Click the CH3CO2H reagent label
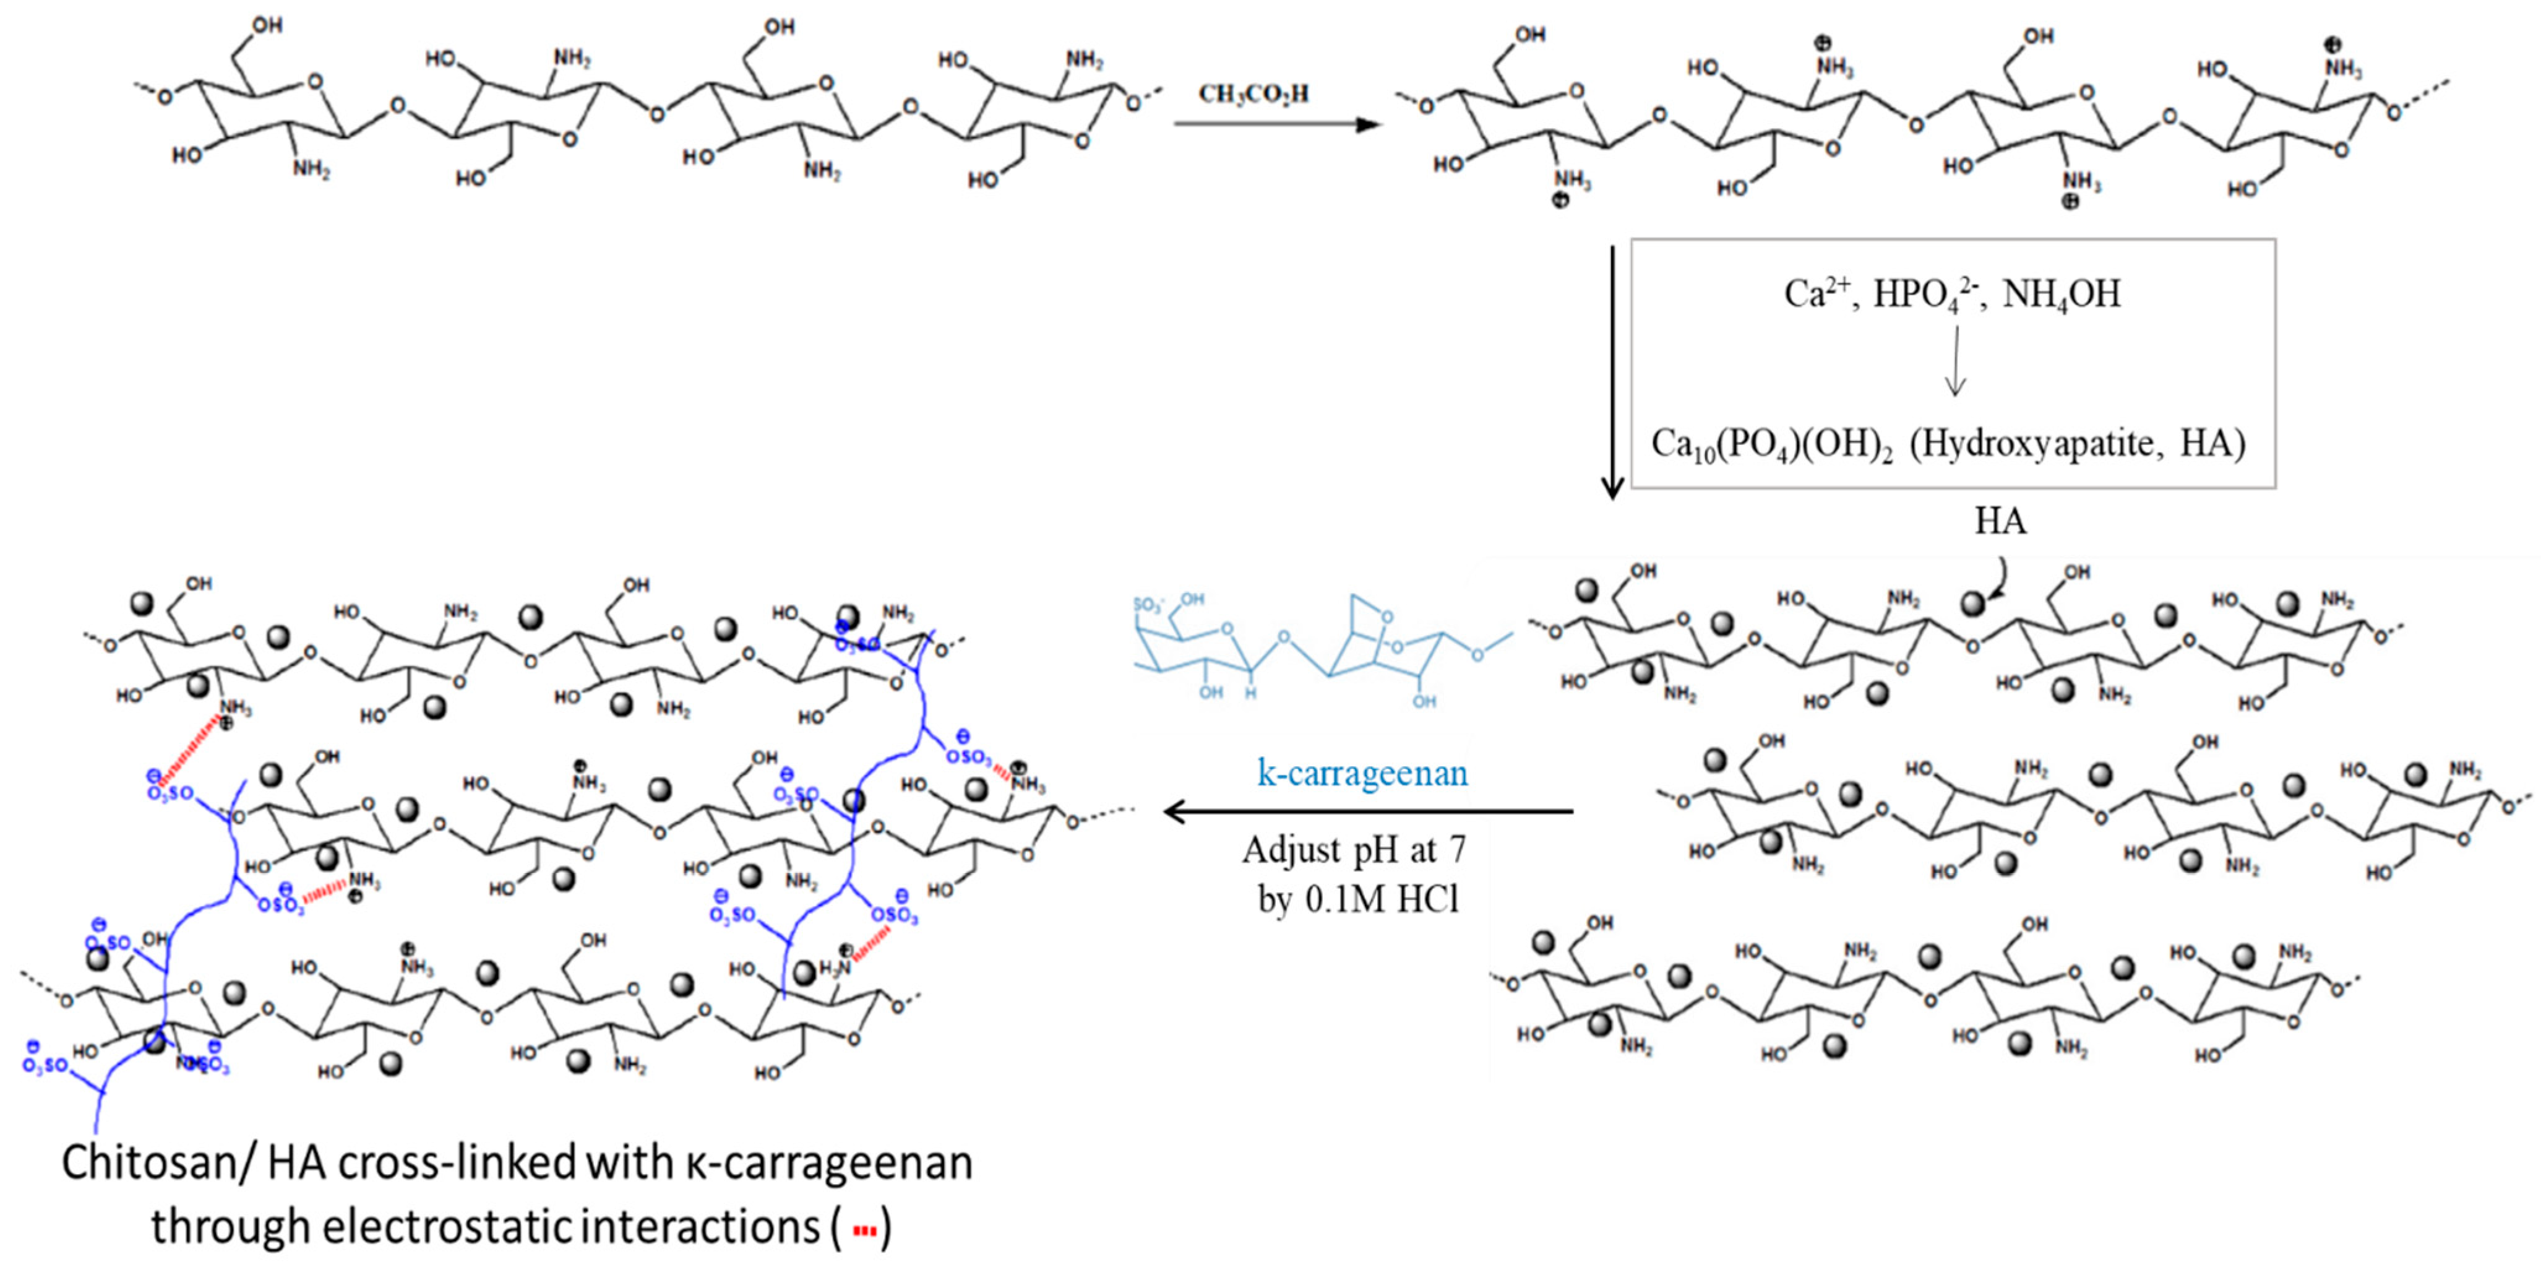click(1253, 93)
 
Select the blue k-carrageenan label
click(1362, 772)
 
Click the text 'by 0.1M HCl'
click(1357, 899)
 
